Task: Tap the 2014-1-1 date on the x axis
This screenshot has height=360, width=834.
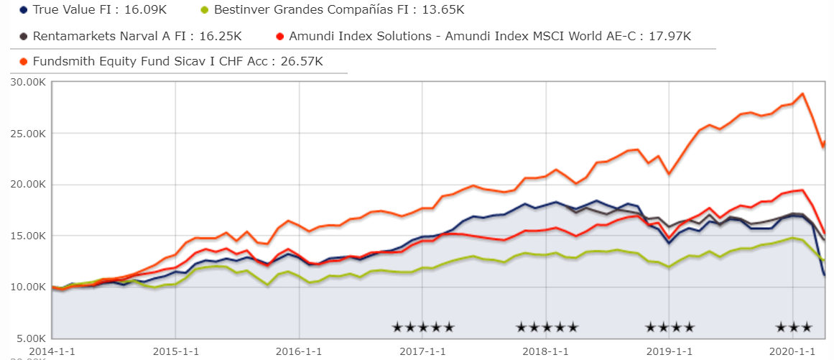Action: tap(52, 351)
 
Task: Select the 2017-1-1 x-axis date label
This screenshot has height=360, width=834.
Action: tap(422, 351)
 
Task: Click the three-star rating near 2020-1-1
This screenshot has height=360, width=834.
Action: tap(794, 328)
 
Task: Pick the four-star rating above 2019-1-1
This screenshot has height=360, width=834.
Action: tap(669, 328)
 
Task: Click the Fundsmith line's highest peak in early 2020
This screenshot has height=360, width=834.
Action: tap(802, 93)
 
